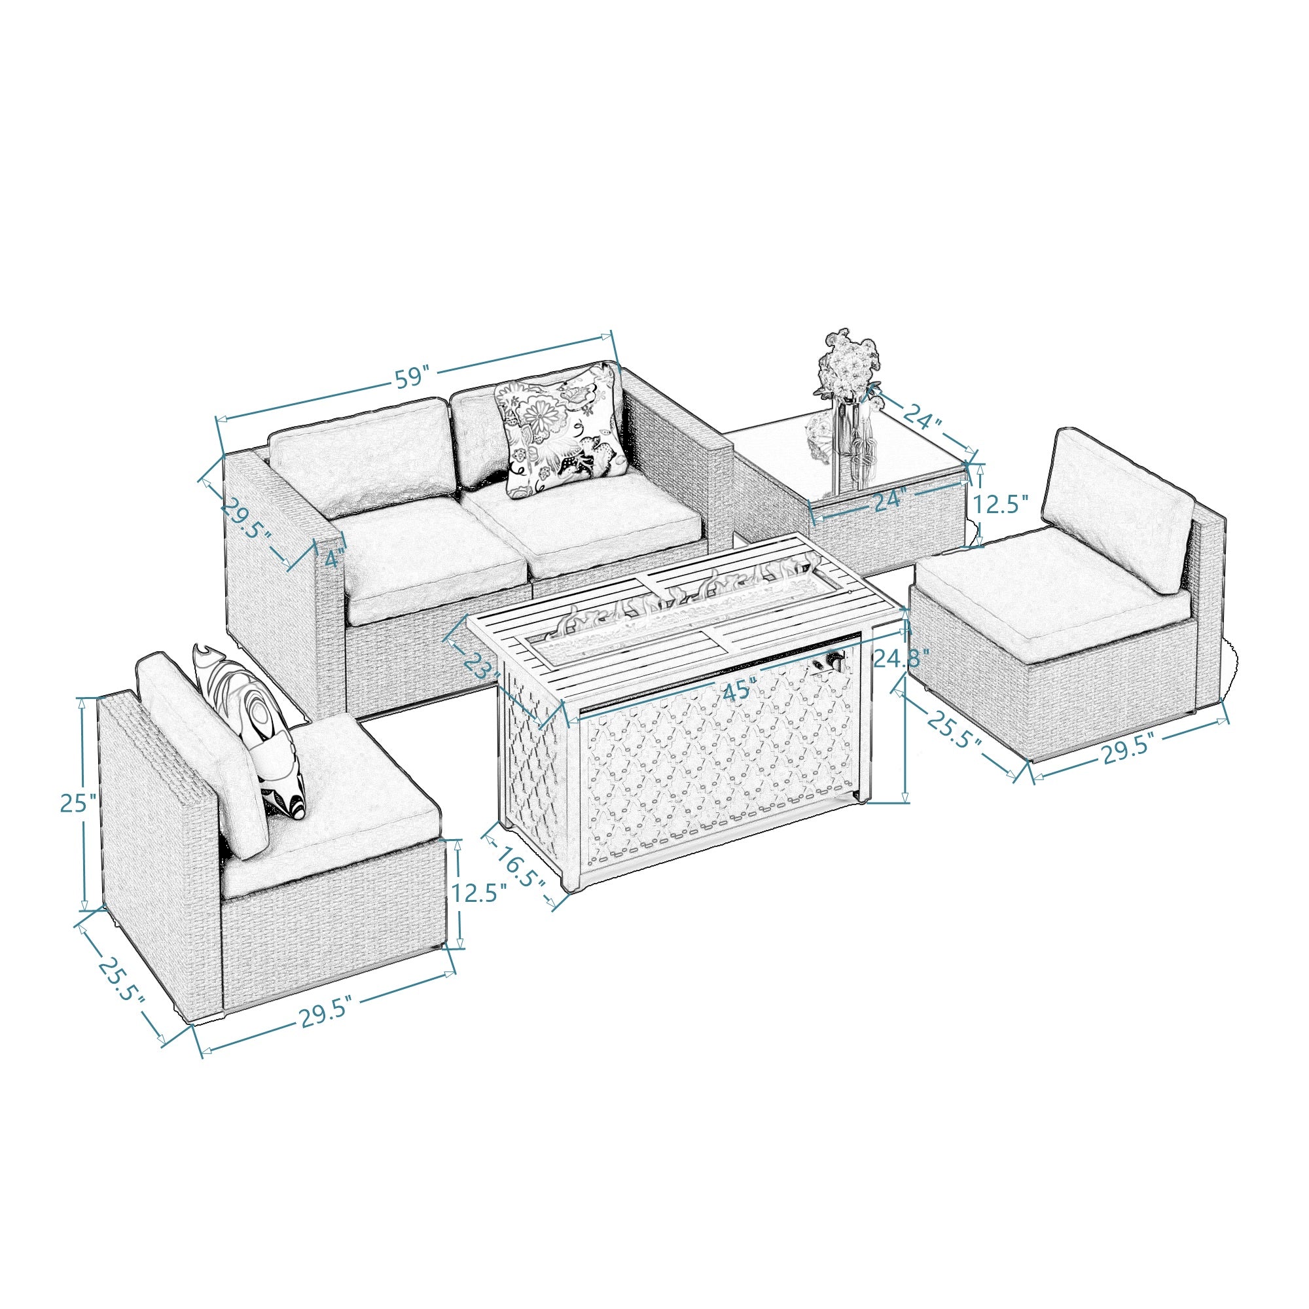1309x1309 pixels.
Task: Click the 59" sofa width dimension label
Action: pyautogui.click(x=412, y=378)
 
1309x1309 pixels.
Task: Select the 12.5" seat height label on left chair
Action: pyautogui.click(x=480, y=893)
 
